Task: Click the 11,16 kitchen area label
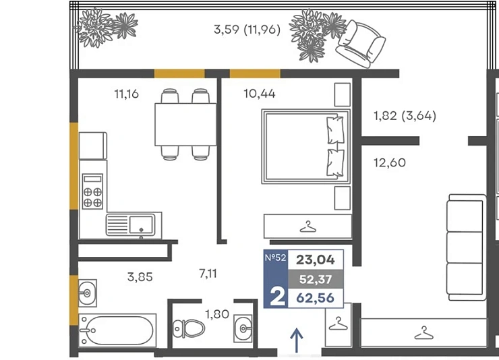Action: coord(126,94)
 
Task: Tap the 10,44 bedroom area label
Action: coord(260,94)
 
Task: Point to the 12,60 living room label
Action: coord(390,163)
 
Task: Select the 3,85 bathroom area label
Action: coord(140,277)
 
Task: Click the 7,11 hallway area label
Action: coord(208,274)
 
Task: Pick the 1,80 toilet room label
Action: coord(217,314)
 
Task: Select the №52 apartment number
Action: coord(276,258)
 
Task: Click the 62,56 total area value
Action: coord(316,298)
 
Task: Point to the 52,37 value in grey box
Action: coord(316,279)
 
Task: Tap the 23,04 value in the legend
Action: coord(316,260)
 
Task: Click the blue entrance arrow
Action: coord(297,340)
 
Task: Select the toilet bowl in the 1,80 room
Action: coord(189,328)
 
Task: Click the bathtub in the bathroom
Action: coord(117,330)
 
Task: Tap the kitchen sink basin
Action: coord(141,224)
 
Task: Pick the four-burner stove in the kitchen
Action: coord(92,191)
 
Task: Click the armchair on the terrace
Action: coord(361,44)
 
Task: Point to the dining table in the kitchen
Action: coord(185,124)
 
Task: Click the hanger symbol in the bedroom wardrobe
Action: coord(307,227)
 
